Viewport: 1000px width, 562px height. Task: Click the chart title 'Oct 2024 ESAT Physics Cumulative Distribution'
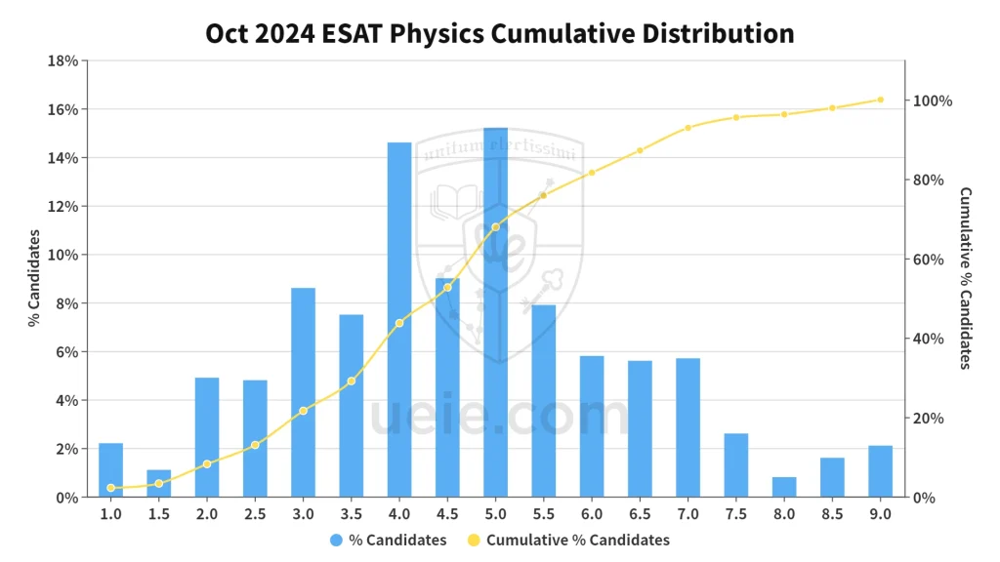(x=499, y=33)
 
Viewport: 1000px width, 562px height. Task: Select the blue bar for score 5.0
(x=495, y=312)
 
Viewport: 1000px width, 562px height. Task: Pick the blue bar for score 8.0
(x=784, y=487)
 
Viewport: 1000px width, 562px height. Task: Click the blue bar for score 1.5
(x=159, y=483)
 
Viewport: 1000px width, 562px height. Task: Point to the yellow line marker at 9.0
(x=880, y=100)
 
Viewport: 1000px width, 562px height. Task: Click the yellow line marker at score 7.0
(x=688, y=128)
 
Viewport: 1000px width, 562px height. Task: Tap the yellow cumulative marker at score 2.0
(x=207, y=464)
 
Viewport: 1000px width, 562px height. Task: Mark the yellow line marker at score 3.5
(x=352, y=381)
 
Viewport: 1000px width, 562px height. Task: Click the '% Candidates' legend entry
(x=389, y=540)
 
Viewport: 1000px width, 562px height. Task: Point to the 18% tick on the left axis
(x=63, y=60)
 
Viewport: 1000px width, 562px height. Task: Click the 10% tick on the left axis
(x=63, y=255)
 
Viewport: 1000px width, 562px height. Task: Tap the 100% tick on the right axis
(x=933, y=101)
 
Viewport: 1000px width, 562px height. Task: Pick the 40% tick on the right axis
(x=929, y=339)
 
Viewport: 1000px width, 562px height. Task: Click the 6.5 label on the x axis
(x=640, y=513)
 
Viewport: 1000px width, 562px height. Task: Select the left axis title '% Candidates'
(x=33, y=278)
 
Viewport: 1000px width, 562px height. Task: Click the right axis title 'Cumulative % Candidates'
(x=965, y=278)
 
